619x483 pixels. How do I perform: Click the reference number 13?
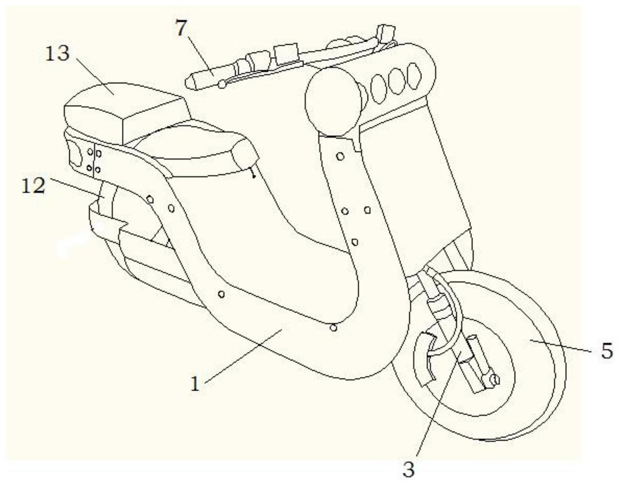tap(57, 53)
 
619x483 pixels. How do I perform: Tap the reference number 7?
tap(181, 28)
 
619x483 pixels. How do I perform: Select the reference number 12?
tap(34, 185)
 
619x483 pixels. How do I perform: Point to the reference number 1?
tap(195, 384)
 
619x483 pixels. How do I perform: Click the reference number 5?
tap(606, 351)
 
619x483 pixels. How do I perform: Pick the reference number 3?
tap(408, 469)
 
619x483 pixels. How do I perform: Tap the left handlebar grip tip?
tap(190, 83)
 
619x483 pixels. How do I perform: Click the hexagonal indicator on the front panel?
tap(414, 76)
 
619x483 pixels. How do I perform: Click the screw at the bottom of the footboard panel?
tap(333, 328)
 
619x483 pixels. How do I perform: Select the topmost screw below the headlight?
tap(340, 156)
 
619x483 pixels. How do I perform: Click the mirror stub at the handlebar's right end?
tap(386, 31)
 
